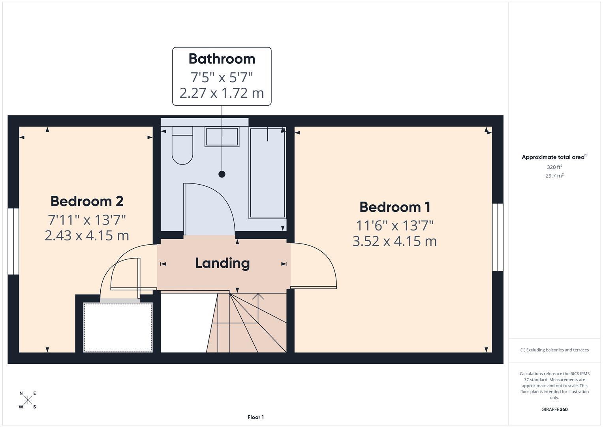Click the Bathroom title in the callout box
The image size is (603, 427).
pyautogui.click(x=222, y=59)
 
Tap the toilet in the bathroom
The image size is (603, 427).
pyautogui.click(x=182, y=146)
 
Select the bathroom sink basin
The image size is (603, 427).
pyautogui.click(x=222, y=137)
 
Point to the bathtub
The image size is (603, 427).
pyautogui.click(x=267, y=173)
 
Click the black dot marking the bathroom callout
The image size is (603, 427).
pyautogui.click(x=222, y=174)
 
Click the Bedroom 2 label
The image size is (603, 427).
pyautogui.click(x=87, y=201)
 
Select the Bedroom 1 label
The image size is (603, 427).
pyautogui.click(x=394, y=207)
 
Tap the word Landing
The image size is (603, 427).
pyautogui.click(x=222, y=263)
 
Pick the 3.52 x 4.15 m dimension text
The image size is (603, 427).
pyautogui.click(x=394, y=241)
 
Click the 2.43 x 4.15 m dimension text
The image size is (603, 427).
pyautogui.click(x=87, y=236)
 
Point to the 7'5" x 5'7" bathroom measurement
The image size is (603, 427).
pyautogui.click(x=222, y=76)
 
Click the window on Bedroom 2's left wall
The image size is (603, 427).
pyautogui.click(x=13, y=241)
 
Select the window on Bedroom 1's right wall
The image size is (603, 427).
pyautogui.click(x=498, y=237)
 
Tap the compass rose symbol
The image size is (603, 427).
pyautogui.click(x=28, y=400)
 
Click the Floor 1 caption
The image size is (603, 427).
pyautogui.click(x=255, y=417)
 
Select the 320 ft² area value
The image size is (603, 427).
pyautogui.click(x=554, y=167)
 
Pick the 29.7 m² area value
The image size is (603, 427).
pyautogui.click(x=554, y=176)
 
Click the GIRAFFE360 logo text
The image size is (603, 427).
pyautogui.click(x=554, y=410)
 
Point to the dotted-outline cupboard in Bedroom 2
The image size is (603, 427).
pyautogui.click(x=118, y=327)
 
